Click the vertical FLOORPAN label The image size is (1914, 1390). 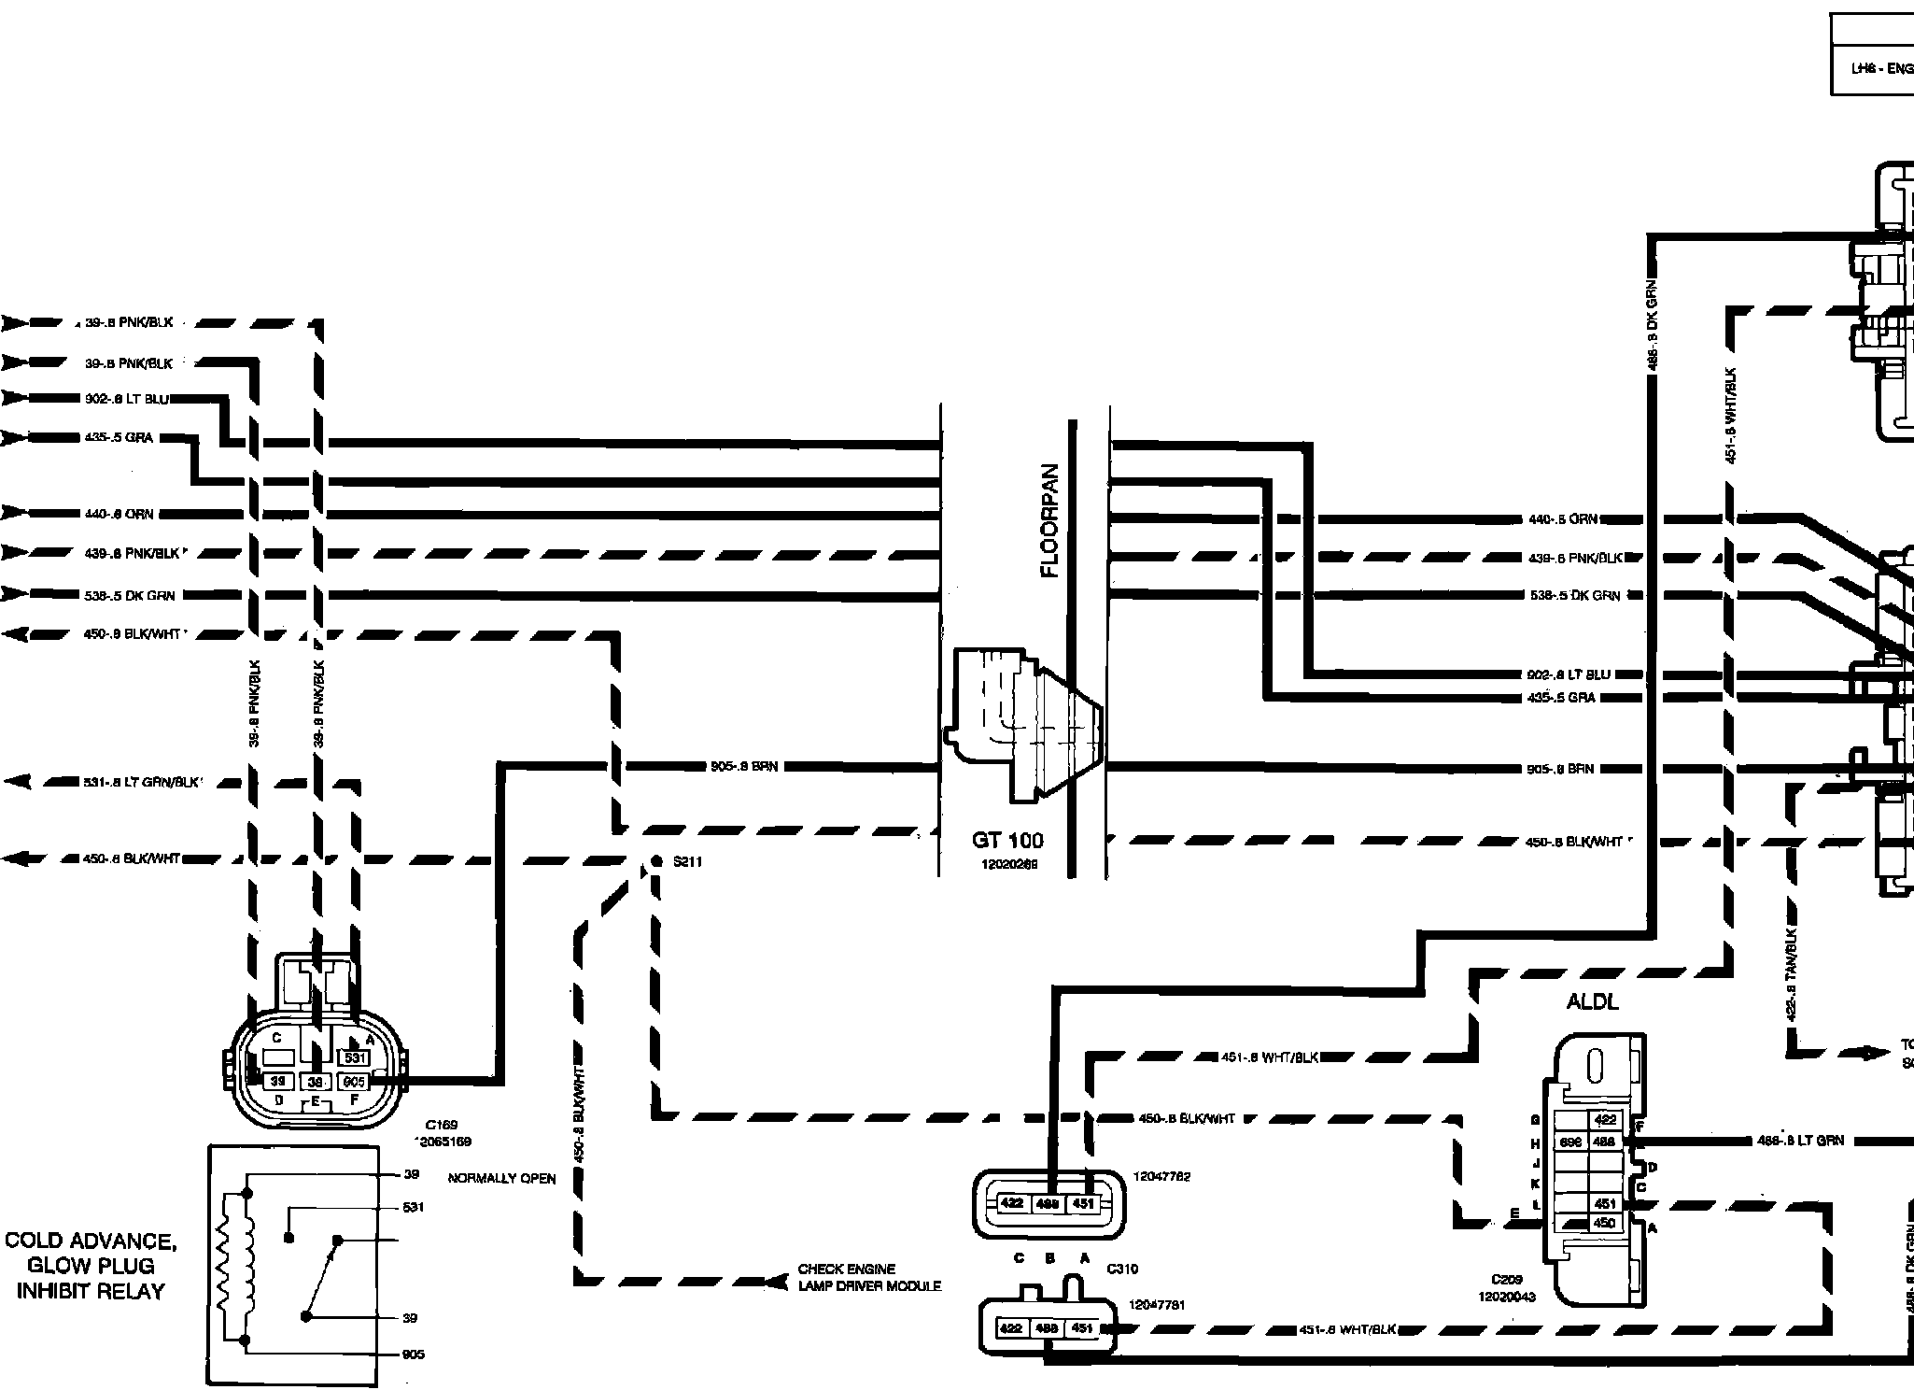1051,520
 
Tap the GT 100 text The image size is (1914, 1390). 1007,841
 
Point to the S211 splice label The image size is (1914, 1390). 687,862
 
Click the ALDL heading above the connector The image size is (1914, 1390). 1592,1002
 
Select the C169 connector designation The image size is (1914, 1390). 439,1126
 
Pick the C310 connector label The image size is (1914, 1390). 1122,1269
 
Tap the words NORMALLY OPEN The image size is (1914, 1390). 501,1179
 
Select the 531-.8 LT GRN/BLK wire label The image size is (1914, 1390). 142,782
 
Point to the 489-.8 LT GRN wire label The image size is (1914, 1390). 1801,1141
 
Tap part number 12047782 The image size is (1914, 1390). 1161,1177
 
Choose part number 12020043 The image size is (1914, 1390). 1507,1297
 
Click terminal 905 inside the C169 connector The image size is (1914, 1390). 354,1081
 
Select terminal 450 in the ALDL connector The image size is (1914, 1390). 1604,1223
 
